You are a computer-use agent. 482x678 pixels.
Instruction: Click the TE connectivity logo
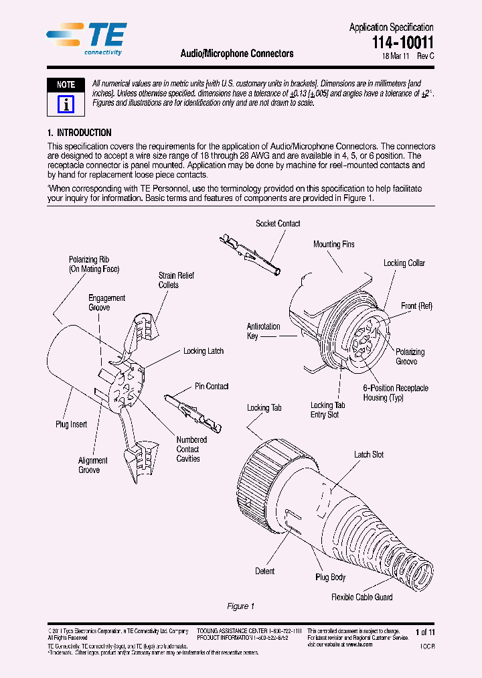(x=86, y=38)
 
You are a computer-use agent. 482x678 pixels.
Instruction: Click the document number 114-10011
(x=403, y=43)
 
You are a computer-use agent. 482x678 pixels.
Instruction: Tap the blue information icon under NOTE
(x=66, y=103)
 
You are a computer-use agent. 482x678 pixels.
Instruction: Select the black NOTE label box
(x=66, y=85)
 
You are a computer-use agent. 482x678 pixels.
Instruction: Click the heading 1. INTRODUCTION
(x=79, y=133)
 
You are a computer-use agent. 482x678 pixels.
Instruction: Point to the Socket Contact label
(x=278, y=224)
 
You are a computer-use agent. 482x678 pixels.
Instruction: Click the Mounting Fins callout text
(x=333, y=245)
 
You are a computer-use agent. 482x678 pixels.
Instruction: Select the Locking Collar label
(x=404, y=263)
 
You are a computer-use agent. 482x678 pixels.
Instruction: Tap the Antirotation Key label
(x=263, y=331)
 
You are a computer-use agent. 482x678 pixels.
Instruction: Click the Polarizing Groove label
(x=410, y=356)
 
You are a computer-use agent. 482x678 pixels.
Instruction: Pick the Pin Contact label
(x=212, y=387)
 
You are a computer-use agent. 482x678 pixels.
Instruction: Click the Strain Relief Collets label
(x=168, y=280)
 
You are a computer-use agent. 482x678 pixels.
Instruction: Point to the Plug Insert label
(x=71, y=424)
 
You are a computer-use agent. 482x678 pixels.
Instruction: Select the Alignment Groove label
(x=92, y=465)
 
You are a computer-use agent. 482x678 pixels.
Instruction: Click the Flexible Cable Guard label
(x=361, y=597)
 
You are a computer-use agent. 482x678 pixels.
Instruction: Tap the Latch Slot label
(x=368, y=455)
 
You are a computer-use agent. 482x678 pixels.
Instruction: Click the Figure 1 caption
(x=241, y=606)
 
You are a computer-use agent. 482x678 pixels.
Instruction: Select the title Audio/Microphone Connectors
(x=237, y=54)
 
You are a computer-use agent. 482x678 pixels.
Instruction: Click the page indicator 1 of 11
(x=425, y=632)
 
